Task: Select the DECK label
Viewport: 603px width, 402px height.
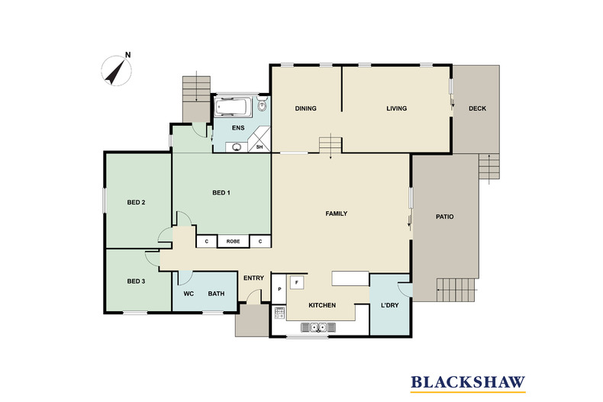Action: pos(477,108)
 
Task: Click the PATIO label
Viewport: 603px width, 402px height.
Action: pos(445,217)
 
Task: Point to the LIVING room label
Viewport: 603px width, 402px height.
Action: pos(396,108)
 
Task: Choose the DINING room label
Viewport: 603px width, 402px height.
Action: pos(306,108)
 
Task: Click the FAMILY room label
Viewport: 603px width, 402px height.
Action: pos(337,214)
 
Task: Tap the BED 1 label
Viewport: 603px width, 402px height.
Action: pos(221,193)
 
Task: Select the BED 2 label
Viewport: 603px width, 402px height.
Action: pos(136,202)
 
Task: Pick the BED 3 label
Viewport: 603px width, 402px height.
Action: pos(136,281)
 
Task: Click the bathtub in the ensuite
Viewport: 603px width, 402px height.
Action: pos(234,106)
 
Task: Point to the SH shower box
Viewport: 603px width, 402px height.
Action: pos(260,146)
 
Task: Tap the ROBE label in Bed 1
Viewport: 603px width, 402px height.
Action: pos(233,241)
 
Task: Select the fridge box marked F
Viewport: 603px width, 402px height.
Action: pos(298,282)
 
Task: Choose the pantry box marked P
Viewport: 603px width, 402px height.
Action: pos(279,289)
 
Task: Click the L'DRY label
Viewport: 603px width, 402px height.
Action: pos(390,306)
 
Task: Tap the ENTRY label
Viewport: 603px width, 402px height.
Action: pos(253,278)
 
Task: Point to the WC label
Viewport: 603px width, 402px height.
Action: pos(188,294)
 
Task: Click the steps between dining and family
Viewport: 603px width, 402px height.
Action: pos(330,144)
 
